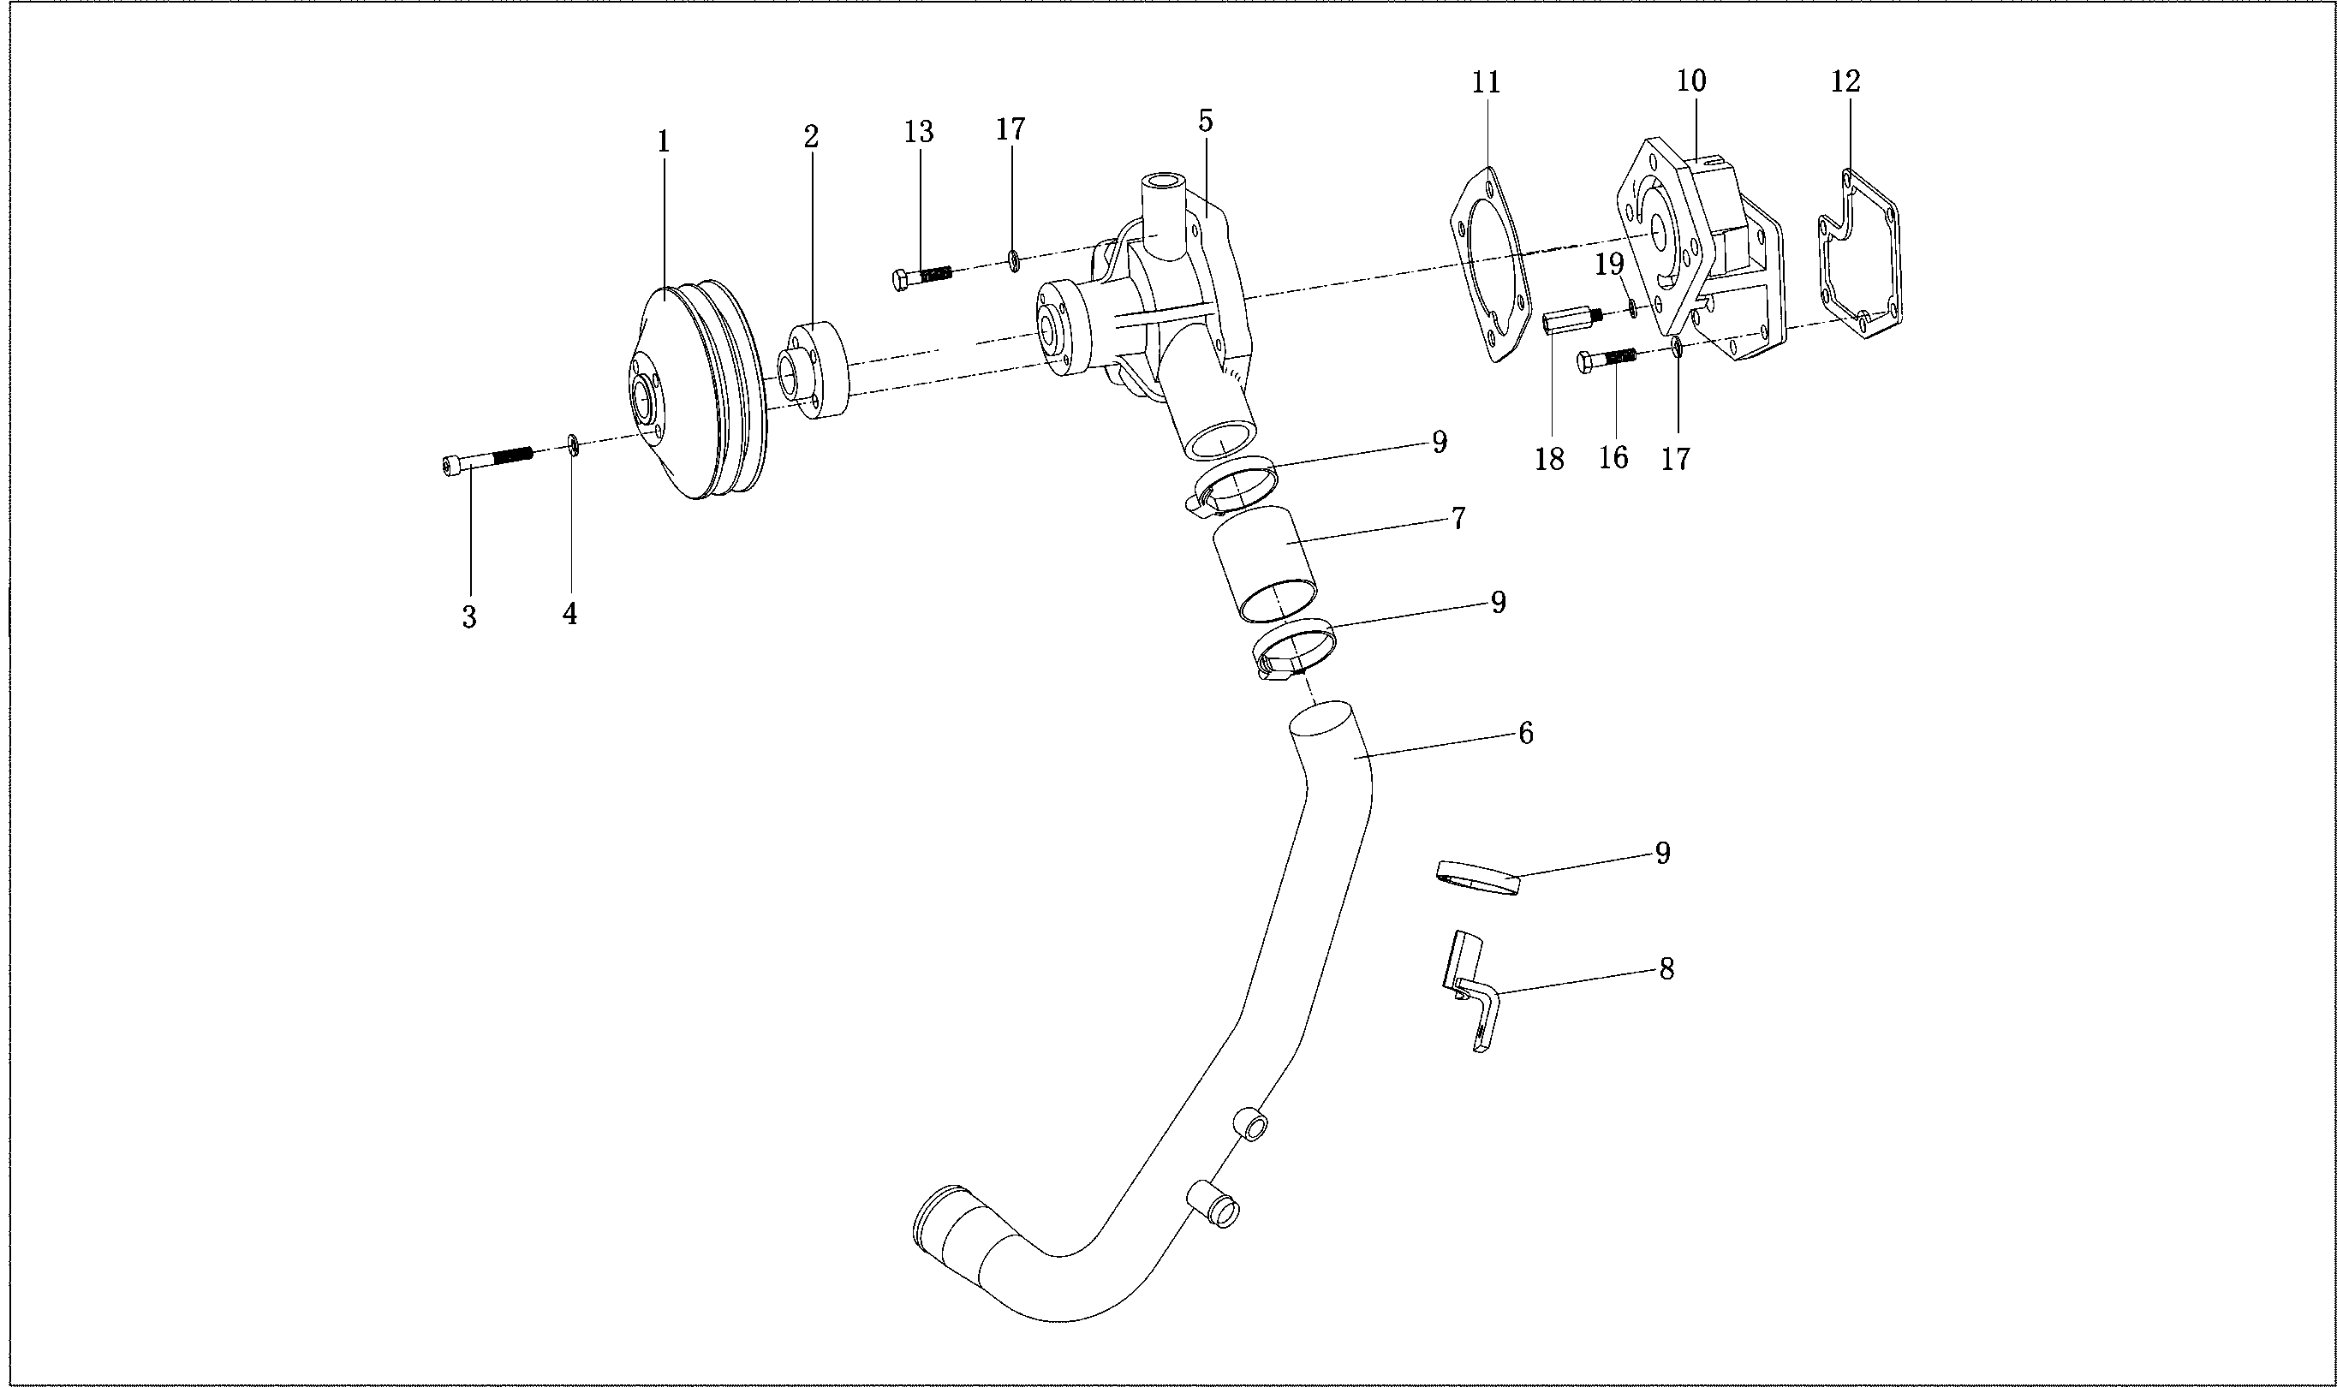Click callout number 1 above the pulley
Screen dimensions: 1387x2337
663,142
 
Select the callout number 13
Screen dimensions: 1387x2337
918,133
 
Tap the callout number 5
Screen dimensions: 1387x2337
1205,121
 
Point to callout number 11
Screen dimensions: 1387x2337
1486,82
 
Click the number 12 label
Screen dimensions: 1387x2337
1845,81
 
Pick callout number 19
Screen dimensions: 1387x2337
1609,265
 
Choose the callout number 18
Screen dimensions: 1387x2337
1549,459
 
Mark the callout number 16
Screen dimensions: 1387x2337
1613,457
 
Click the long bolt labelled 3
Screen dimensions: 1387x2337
486,460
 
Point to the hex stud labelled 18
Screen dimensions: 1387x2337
1571,323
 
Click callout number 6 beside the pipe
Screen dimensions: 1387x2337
1524,734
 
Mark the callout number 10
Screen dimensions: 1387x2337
1691,81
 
